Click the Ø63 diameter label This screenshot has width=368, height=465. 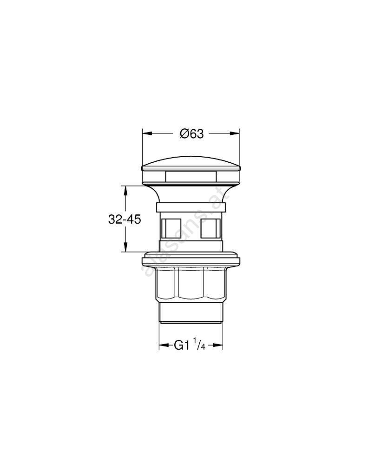coord(192,134)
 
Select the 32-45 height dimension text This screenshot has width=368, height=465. coord(125,219)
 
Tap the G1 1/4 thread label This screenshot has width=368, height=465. coord(189,345)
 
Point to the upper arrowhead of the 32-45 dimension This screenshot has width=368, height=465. coord(125,191)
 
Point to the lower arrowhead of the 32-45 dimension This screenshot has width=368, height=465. coord(125,247)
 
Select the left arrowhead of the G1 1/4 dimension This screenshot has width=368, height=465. coord(164,345)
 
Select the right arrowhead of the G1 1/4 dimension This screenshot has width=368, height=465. coord(218,345)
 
